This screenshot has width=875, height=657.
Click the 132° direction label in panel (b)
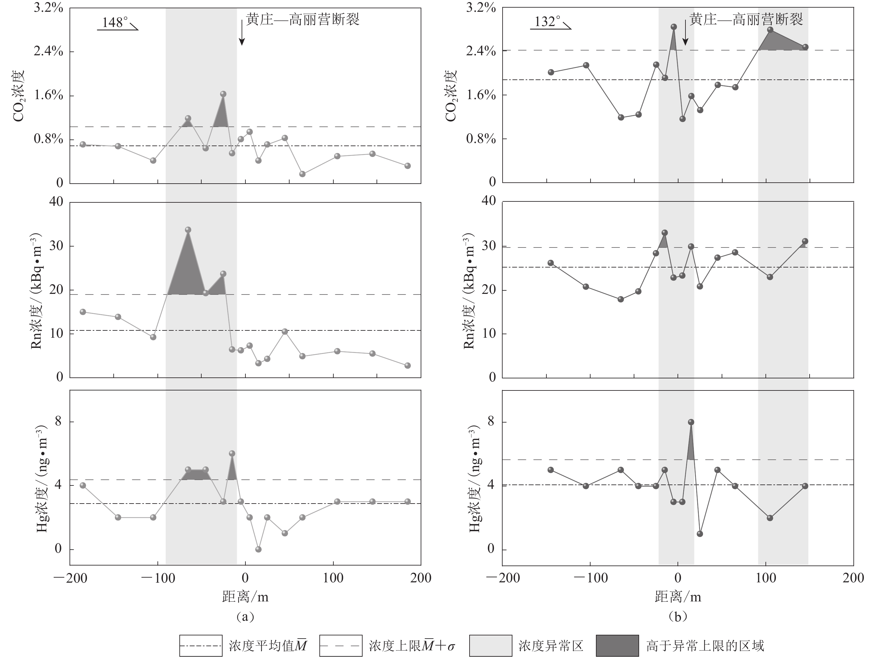pyautogui.click(x=547, y=22)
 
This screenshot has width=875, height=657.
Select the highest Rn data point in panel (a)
pyautogui.click(x=188, y=230)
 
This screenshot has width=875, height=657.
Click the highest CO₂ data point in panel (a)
pyautogui.click(x=223, y=94)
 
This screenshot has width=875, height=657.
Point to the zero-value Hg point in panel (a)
pyautogui.click(x=258, y=549)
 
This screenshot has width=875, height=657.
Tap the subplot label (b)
pyautogui.click(x=678, y=616)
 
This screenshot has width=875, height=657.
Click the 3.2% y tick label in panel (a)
pyautogui.click(x=48, y=8)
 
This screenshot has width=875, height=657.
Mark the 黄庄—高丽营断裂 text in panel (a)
pyautogui.click(x=303, y=19)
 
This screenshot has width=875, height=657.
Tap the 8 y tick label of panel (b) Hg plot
pyautogui.click(x=491, y=422)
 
